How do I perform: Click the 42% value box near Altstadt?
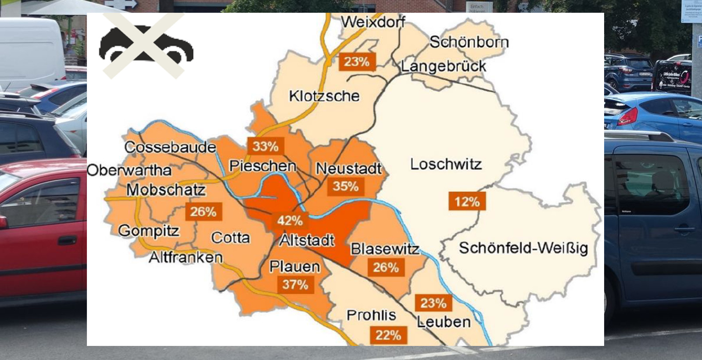coord(290,220)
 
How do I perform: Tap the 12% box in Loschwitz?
coord(466,202)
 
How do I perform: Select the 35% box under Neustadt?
coord(345,186)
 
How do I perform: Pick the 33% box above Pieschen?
coord(265,146)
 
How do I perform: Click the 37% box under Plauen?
coord(295,284)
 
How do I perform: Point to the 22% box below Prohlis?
coord(388,335)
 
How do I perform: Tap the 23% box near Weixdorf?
coord(356,61)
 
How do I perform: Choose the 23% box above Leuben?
coord(433,303)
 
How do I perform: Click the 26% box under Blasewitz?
coord(385,267)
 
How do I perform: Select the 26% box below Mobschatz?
coord(203,212)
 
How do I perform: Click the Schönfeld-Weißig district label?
coord(523,248)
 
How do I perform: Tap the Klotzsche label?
coord(324,96)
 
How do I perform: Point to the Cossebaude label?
coord(170,147)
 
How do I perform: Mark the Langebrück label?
coord(444,66)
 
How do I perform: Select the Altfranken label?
coord(186,257)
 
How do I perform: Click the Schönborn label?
coord(469,42)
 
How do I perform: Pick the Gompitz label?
coord(149,230)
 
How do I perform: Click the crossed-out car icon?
coord(146,46)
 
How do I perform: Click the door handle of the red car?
coord(67,241)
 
